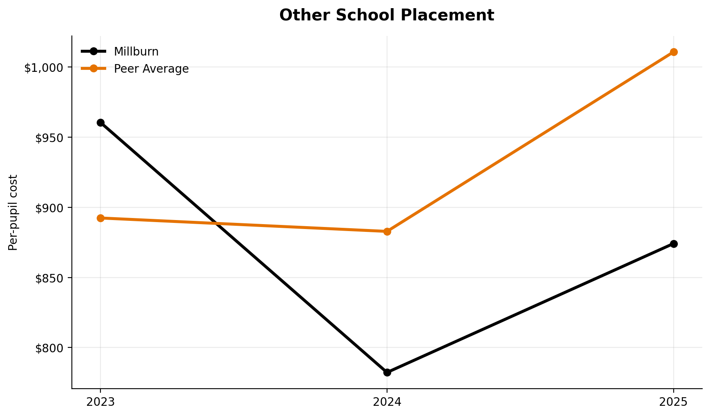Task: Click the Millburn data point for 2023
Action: (x=100, y=122)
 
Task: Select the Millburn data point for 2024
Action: (x=387, y=372)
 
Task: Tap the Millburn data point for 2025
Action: (x=674, y=244)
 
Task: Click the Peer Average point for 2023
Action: (x=100, y=218)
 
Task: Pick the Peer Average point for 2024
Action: (x=387, y=231)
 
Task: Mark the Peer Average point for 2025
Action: (x=674, y=52)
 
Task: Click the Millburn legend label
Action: (x=136, y=52)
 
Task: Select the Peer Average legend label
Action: (x=151, y=69)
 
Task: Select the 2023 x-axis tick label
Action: (x=100, y=402)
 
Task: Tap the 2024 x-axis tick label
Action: (x=387, y=402)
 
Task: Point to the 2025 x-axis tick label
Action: (x=674, y=402)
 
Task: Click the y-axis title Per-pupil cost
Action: (x=13, y=212)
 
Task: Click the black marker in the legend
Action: (x=93, y=51)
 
